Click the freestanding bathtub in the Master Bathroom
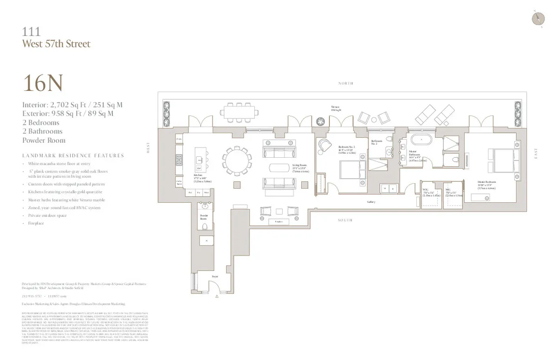click(x=421, y=139)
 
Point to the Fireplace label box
click(x=278, y=222)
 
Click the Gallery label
click(x=371, y=202)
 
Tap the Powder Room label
click(x=204, y=216)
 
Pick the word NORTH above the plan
click(x=346, y=84)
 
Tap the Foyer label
click(x=215, y=276)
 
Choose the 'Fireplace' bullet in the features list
click(x=36, y=223)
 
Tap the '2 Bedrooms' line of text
click(x=41, y=122)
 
